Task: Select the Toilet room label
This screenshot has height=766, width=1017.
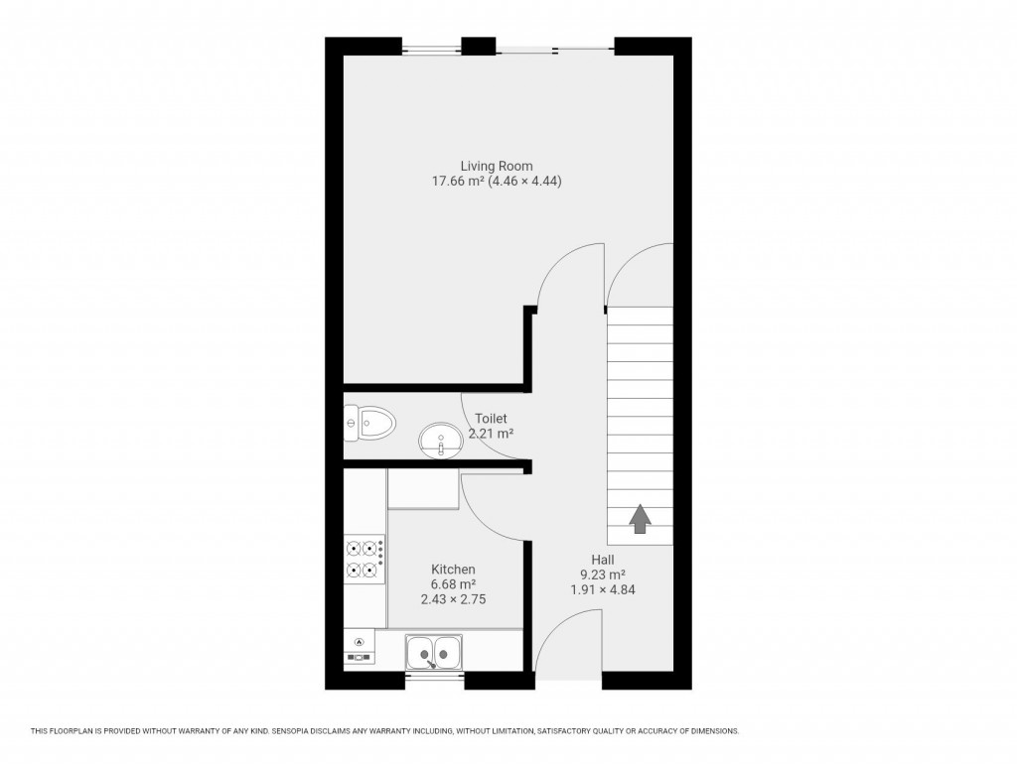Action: point(491,419)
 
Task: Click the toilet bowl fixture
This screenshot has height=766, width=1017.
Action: point(368,425)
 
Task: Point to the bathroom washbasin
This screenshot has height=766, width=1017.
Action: point(439,438)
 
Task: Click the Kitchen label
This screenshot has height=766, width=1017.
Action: point(452,569)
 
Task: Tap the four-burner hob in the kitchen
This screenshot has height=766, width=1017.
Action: point(364,558)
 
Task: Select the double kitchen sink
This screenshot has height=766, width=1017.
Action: point(434,653)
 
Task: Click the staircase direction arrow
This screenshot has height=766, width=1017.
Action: point(640,518)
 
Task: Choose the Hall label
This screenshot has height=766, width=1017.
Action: point(603,560)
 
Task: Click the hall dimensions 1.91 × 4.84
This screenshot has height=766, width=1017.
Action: point(603,589)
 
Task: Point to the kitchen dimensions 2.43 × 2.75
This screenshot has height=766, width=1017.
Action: point(453,599)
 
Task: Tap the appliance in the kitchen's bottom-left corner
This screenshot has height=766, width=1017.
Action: point(359,646)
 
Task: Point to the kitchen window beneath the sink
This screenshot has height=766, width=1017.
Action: point(435,680)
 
